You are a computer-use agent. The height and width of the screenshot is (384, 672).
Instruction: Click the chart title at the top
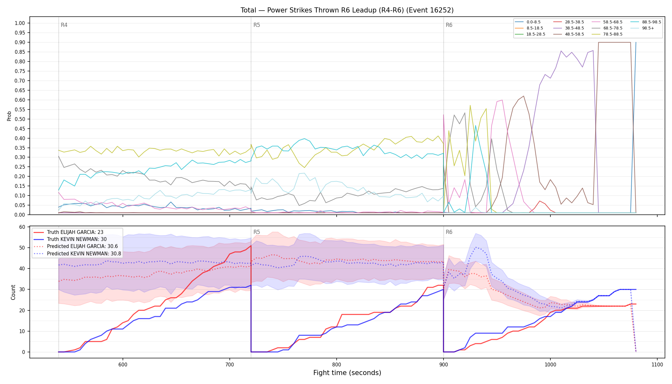[347, 10]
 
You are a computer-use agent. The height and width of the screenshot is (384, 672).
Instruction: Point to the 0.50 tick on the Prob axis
[20, 119]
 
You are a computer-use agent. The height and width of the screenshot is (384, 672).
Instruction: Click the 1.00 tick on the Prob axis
[20, 23]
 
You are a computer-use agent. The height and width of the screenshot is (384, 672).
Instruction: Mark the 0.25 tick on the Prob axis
[20, 167]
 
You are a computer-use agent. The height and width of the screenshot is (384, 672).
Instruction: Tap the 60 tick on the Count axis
[22, 227]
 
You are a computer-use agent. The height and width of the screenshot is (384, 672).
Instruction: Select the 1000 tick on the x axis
[550, 364]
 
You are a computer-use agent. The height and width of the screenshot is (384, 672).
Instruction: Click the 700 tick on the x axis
[229, 364]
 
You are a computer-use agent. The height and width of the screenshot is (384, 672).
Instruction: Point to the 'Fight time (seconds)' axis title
[347, 373]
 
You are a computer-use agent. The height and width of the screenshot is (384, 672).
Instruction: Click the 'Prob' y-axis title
[9, 116]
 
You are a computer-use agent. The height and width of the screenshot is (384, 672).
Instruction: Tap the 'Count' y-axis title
[13, 292]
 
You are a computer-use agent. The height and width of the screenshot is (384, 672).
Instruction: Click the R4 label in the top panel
[64, 25]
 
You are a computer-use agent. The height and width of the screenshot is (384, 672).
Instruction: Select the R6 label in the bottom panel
[449, 232]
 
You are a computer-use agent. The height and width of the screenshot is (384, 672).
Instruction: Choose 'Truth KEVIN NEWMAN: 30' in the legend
[77, 239]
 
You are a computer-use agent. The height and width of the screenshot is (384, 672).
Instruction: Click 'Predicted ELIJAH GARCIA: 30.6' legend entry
[82, 246]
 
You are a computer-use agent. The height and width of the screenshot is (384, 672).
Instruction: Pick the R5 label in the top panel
[257, 25]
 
